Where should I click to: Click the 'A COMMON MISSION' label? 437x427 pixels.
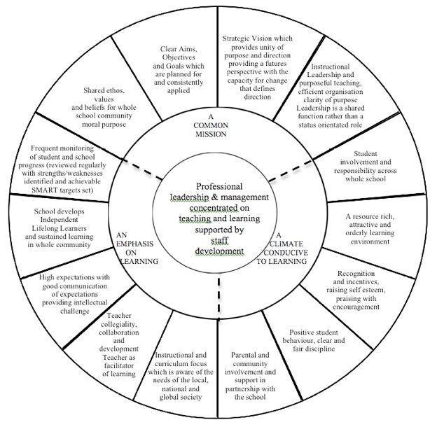(211, 125)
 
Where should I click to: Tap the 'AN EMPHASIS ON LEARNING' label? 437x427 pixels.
(137, 248)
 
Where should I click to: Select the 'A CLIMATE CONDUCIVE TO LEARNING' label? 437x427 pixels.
(282, 248)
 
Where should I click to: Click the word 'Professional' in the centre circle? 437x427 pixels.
(219, 186)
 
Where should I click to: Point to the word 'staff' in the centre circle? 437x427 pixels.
(219, 240)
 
